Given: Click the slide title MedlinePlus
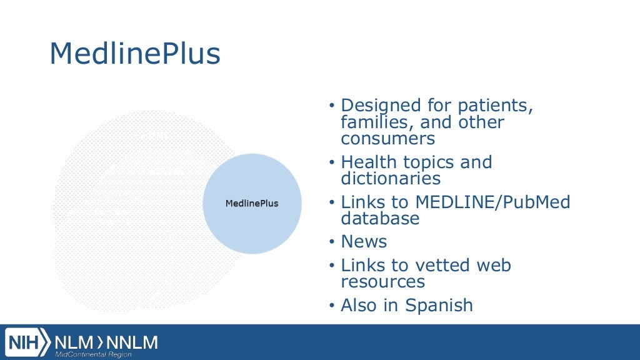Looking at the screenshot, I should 135,55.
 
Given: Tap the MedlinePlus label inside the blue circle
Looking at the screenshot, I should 252,204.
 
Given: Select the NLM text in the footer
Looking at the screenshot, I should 74,342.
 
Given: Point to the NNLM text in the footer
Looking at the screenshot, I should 133,342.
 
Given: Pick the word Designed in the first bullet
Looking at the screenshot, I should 381,106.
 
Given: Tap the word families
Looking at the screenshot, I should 374,122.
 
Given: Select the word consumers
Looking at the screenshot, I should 388,138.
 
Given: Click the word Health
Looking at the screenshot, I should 369,162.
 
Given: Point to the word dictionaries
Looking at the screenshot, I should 391,179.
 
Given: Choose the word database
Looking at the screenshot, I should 380,219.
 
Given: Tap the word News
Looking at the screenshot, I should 364,242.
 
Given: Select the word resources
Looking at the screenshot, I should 383,282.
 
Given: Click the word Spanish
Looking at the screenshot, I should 439,306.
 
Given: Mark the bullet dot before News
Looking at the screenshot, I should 332,242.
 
